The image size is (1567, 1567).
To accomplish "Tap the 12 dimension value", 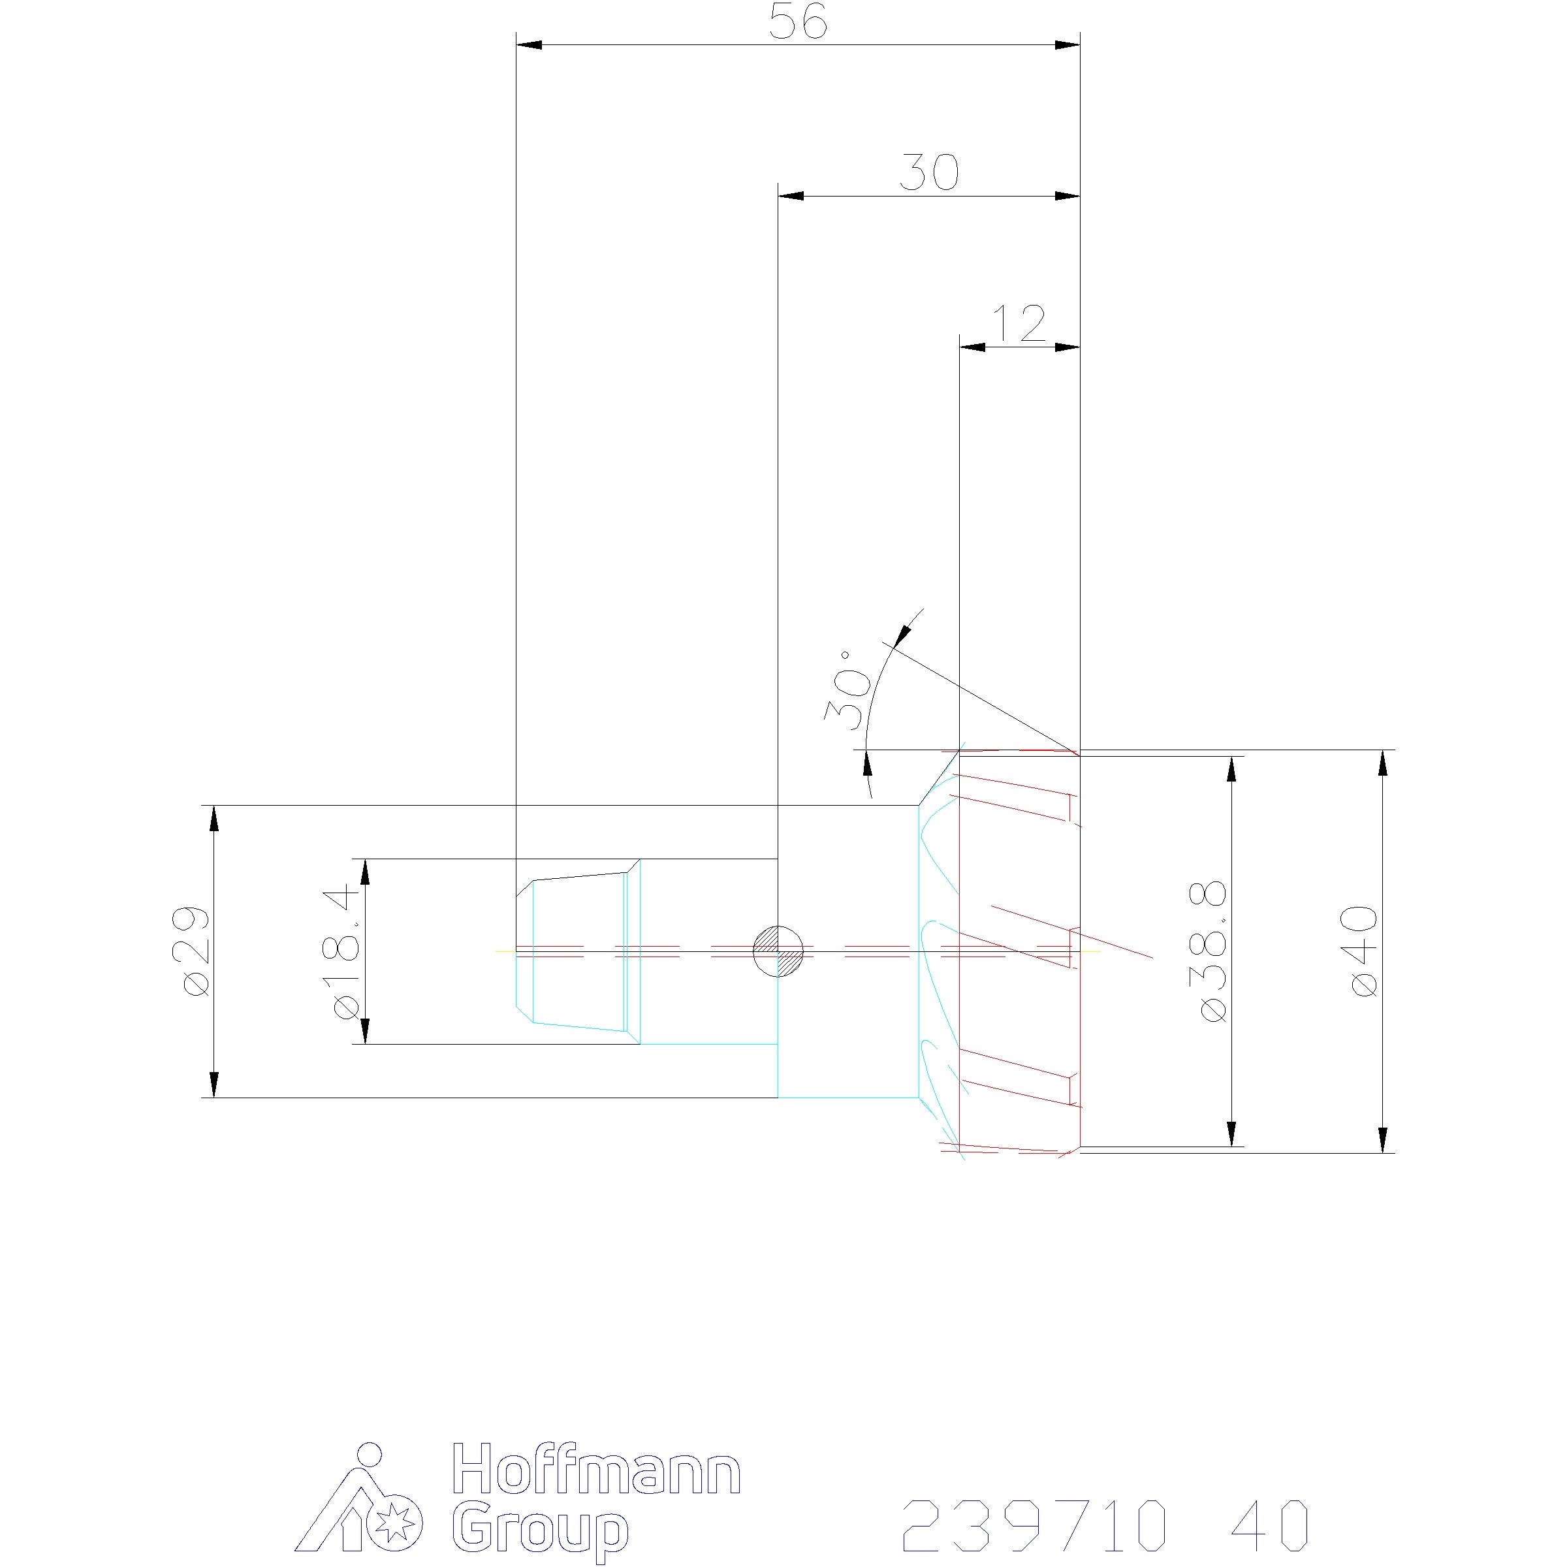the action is (x=1019, y=324).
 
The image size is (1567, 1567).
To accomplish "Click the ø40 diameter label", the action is (x=1364, y=951).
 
